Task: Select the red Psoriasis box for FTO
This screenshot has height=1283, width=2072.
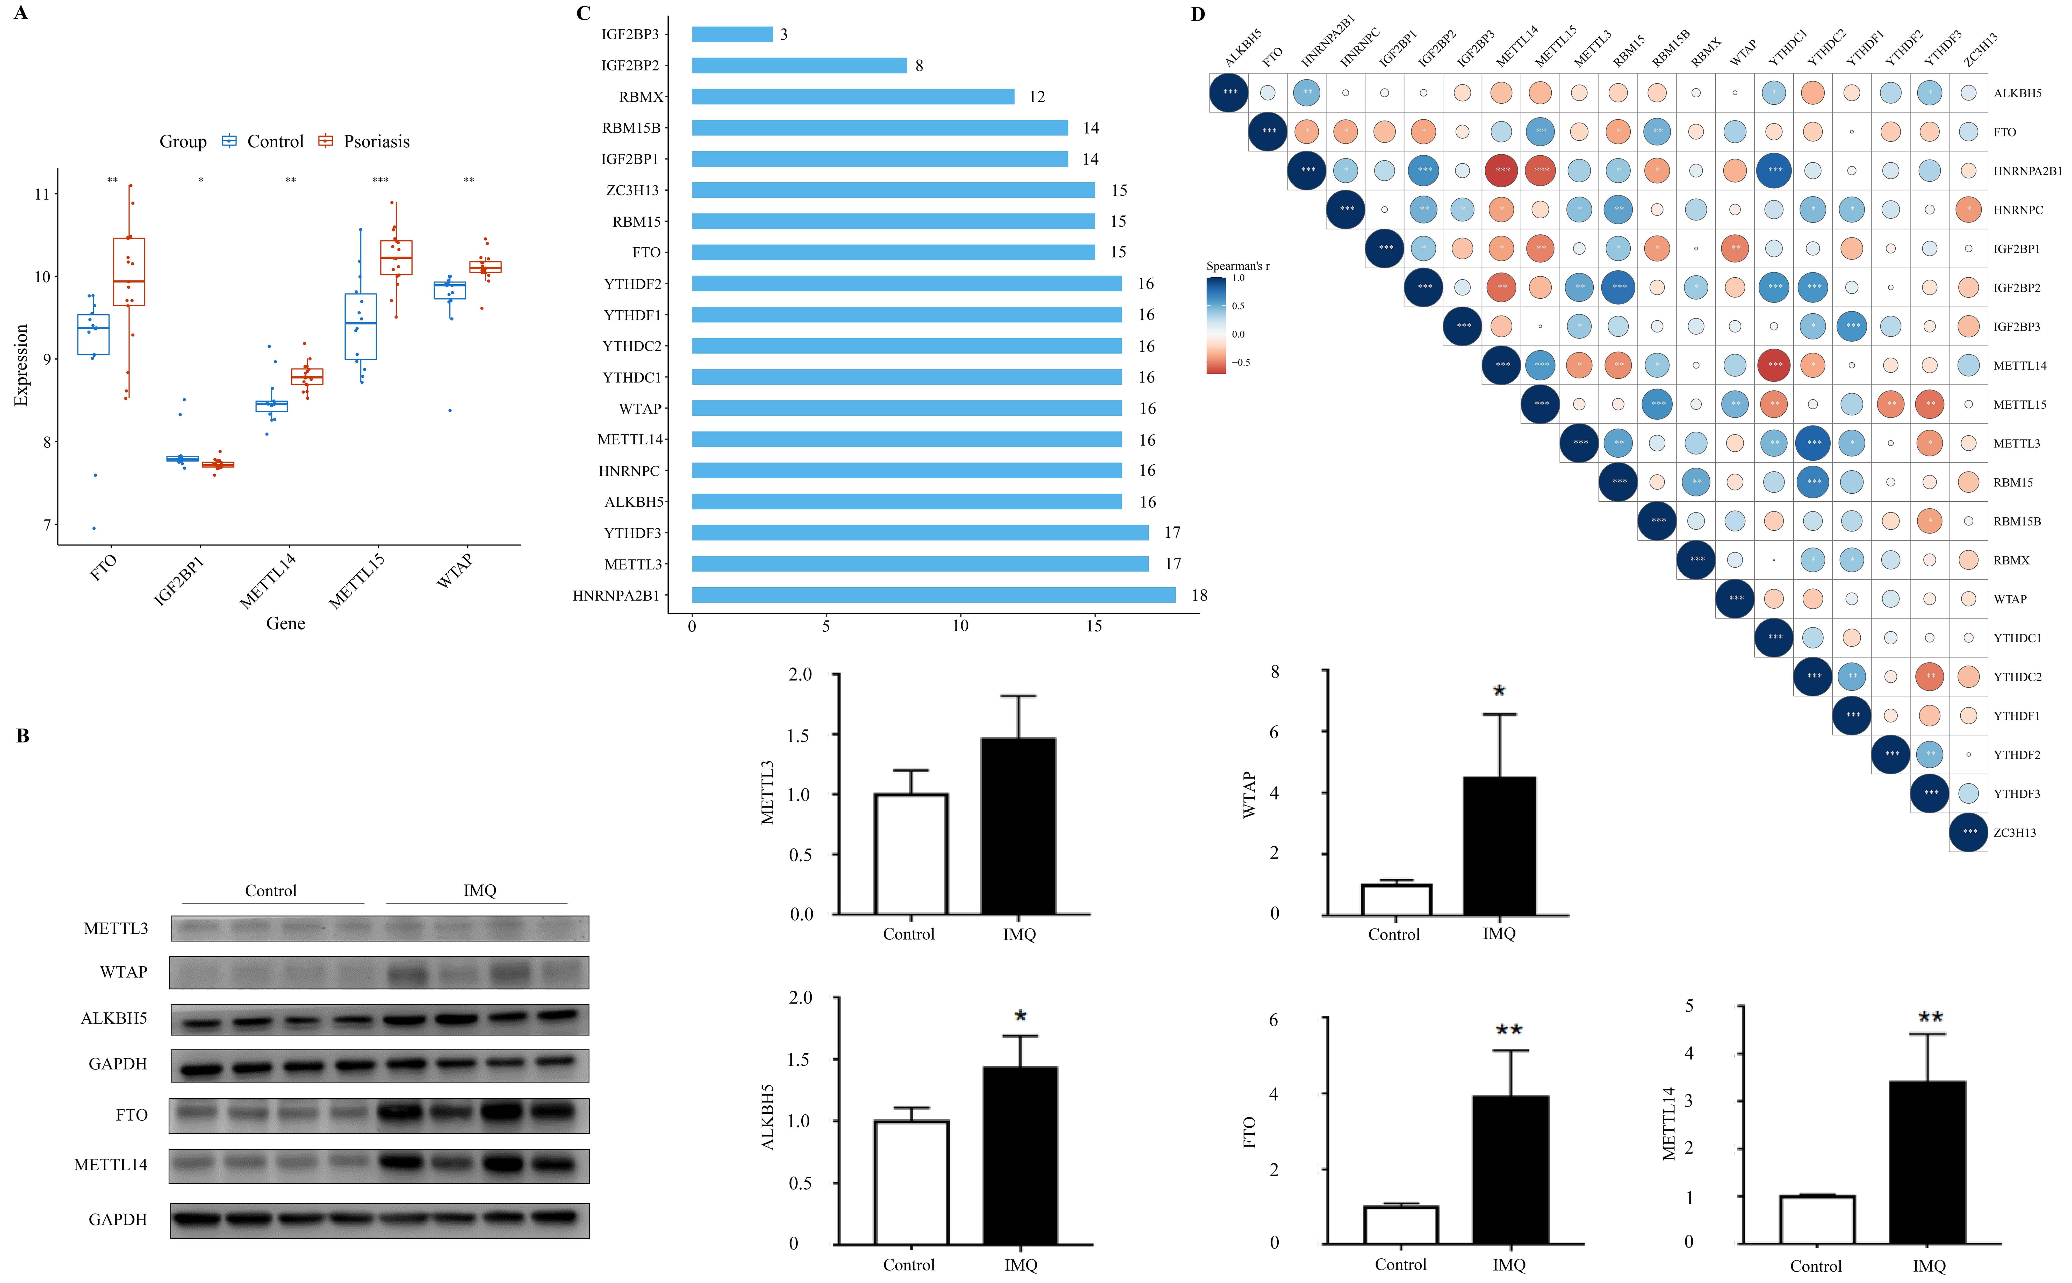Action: (129, 271)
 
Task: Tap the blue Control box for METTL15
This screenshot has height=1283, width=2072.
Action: (361, 327)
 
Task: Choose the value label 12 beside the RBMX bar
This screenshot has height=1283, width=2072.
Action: (1037, 97)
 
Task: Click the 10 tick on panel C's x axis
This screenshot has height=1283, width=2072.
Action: (960, 626)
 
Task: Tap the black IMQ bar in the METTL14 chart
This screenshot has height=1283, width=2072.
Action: (1928, 1163)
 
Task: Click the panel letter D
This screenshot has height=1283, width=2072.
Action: (1197, 15)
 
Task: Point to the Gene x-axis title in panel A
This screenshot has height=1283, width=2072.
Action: (285, 624)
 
